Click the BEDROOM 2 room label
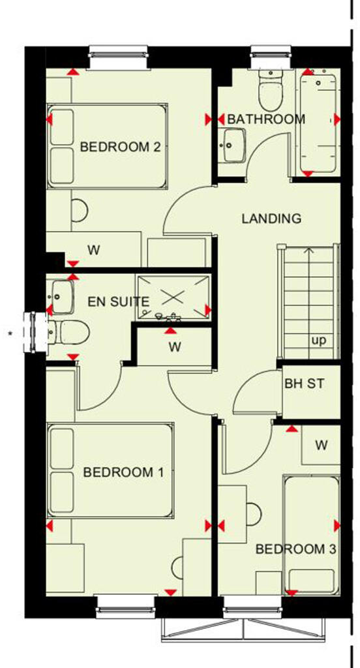(120, 147)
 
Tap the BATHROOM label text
(265, 119)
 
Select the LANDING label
(271, 219)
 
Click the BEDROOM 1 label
(123, 472)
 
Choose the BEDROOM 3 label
(295, 550)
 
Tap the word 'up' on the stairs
(318, 341)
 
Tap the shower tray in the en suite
(173, 297)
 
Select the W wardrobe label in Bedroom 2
(94, 249)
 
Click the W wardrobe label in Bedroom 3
(320, 445)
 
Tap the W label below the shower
(174, 347)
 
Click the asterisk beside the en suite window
(10, 335)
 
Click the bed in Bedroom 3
(312, 535)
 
